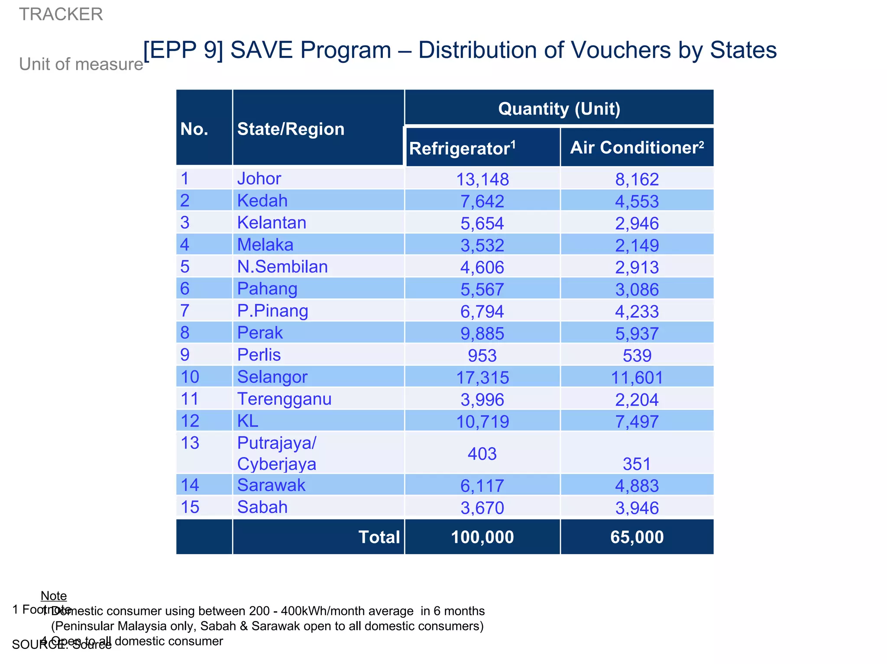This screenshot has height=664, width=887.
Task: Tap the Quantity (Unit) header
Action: click(x=559, y=109)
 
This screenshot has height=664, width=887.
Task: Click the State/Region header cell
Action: click(x=291, y=129)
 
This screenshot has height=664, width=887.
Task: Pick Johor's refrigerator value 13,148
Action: click(x=482, y=179)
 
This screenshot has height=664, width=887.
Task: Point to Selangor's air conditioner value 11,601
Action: click(x=637, y=377)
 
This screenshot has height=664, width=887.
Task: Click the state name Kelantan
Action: click(x=272, y=222)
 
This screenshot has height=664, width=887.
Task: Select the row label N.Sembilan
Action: click(x=282, y=267)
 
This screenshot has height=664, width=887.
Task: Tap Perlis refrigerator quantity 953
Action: click(x=482, y=355)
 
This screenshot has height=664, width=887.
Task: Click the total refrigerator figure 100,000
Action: click(x=482, y=537)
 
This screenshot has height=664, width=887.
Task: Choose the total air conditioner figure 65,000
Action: click(x=637, y=537)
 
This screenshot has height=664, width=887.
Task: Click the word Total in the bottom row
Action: click(x=379, y=537)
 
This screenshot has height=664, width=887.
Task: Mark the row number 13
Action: click(x=190, y=443)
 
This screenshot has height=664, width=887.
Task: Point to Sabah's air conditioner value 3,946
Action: click(x=637, y=508)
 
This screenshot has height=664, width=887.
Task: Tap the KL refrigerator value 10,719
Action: click(x=482, y=422)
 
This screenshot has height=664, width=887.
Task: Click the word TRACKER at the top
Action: click(x=61, y=14)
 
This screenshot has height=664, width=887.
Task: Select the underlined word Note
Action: click(x=54, y=596)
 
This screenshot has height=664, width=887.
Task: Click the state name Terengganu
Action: click(x=284, y=399)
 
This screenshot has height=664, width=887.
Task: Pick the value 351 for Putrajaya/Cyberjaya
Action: click(x=637, y=464)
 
